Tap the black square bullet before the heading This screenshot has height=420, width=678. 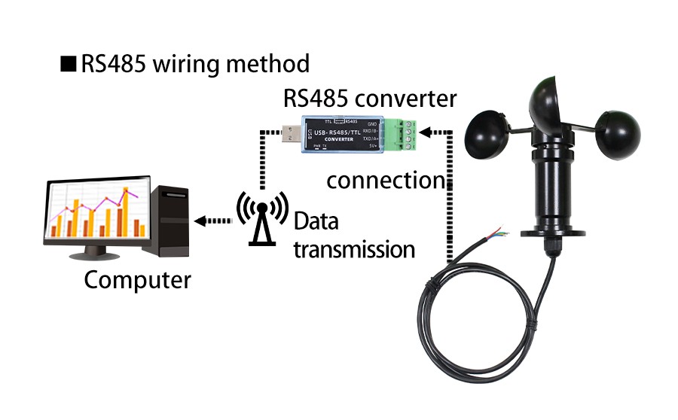point(69,64)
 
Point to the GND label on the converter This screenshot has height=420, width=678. point(371,123)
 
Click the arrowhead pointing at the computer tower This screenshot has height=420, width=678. point(199,221)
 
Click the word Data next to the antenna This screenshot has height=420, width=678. point(316,222)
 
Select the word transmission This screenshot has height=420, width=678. point(354,249)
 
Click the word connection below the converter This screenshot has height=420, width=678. point(384,181)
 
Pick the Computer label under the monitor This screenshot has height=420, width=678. point(137,280)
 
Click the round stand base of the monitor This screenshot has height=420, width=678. point(98,255)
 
